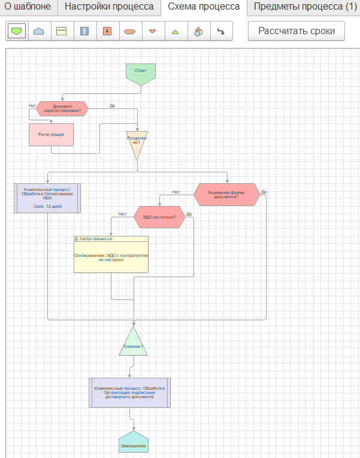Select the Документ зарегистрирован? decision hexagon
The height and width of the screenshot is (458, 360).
[x=62, y=108]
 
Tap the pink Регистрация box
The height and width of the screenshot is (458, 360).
[x=51, y=135]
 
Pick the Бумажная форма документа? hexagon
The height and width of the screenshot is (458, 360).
[x=227, y=195]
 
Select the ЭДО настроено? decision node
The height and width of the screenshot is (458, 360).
[x=159, y=217]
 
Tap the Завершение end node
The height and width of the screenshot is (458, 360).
[x=134, y=442]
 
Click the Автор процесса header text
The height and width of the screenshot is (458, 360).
[x=96, y=239]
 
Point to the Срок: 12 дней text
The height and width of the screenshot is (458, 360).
[x=47, y=206]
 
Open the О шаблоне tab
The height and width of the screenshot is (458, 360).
[x=28, y=7]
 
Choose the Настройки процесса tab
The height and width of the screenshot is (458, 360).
[x=109, y=7]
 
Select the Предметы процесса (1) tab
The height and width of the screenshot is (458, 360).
[x=305, y=7]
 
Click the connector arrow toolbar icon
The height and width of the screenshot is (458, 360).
[x=221, y=31]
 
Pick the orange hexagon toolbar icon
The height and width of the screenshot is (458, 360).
[x=130, y=31]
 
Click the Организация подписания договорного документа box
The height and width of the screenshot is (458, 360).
[x=130, y=393]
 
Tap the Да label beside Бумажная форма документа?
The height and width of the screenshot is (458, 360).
[x=264, y=192]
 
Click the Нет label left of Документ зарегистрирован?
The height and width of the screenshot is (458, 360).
[x=32, y=106]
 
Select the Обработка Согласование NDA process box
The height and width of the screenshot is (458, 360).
[x=47, y=198]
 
